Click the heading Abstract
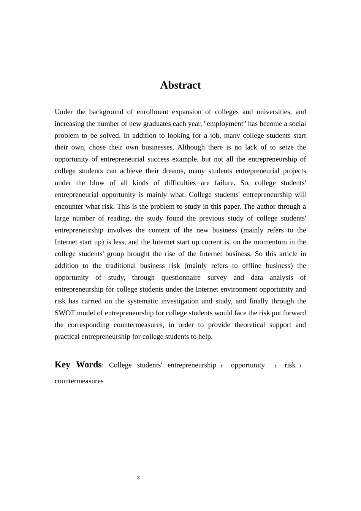point(180,85)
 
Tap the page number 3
point(138,478)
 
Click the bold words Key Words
point(78,365)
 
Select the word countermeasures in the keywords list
point(79,381)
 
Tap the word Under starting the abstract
point(63,112)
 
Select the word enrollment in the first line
point(152,112)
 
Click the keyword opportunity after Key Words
point(248,365)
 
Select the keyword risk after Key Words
point(290,365)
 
